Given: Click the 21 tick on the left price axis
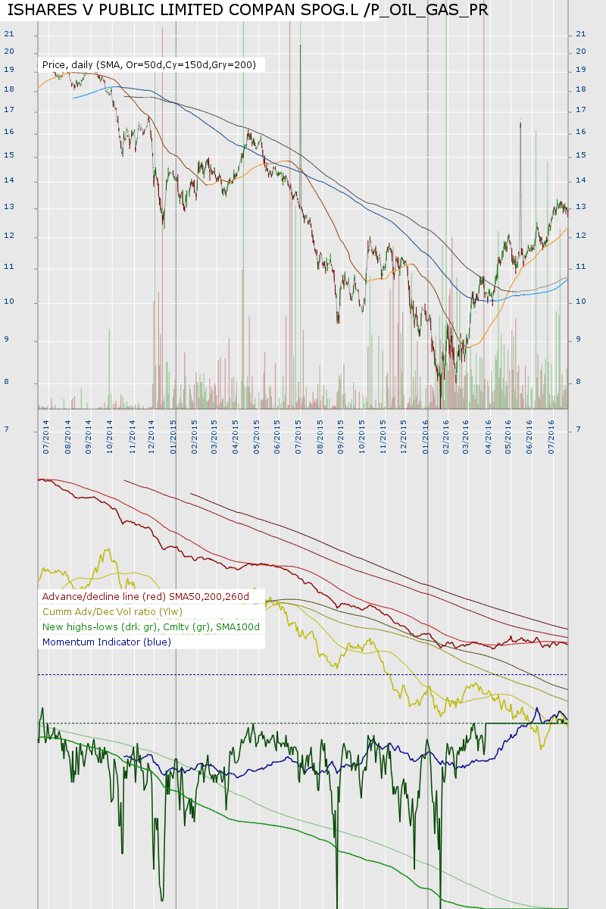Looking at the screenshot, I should click(x=9, y=34).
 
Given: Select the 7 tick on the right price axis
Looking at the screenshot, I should click(x=579, y=430).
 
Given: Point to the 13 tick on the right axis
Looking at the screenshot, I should click(x=581, y=207).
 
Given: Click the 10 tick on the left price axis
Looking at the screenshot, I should click(x=9, y=302).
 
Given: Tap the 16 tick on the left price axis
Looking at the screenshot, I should click(x=9, y=133).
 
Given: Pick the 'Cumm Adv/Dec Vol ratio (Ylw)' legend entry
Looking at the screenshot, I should click(x=112, y=612).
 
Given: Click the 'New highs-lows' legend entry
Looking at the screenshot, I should click(x=151, y=627).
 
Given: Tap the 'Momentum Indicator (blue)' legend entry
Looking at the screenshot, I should click(x=107, y=642).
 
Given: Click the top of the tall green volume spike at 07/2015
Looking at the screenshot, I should click(x=301, y=46).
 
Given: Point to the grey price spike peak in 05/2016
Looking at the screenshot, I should click(x=520, y=122).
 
